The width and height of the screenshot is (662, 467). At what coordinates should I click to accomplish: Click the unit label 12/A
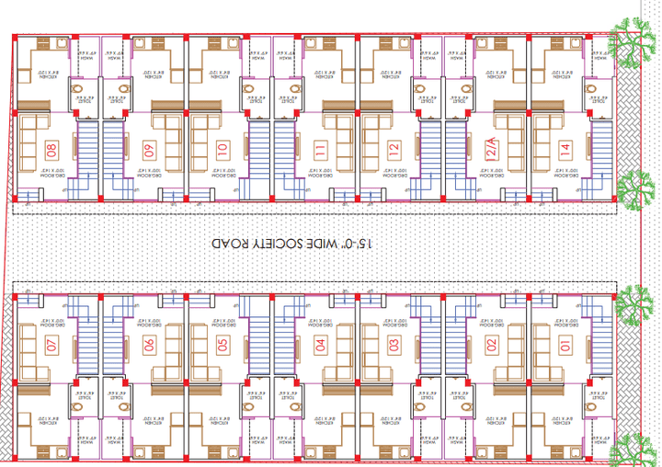pos(492,148)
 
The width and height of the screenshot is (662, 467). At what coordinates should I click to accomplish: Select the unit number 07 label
pos(51,346)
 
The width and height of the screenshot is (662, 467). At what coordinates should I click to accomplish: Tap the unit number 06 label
pos(149,346)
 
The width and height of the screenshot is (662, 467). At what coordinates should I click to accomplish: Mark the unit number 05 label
pos(222,346)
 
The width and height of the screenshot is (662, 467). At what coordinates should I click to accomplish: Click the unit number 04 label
pos(320,346)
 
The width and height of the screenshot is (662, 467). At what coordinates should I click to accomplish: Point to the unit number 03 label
pos(394,346)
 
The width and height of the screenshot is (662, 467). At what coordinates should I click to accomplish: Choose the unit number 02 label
pos(492,346)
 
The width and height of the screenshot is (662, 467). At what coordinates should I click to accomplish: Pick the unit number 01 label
pos(565,346)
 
